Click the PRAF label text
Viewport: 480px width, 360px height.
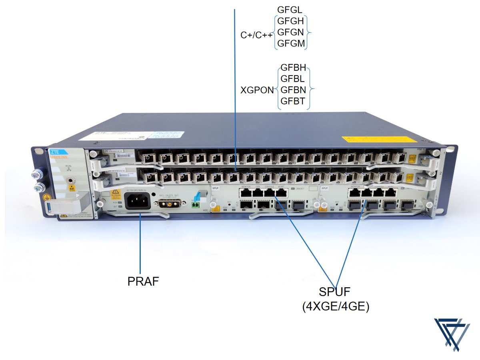tap(143, 281)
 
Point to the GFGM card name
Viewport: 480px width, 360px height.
tap(291, 43)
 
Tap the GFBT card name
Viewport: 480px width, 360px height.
tap(293, 102)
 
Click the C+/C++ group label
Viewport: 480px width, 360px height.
tap(256, 35)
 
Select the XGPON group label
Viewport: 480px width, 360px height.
tap(257, 90)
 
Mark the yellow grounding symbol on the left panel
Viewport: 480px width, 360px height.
tap(46, 196)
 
